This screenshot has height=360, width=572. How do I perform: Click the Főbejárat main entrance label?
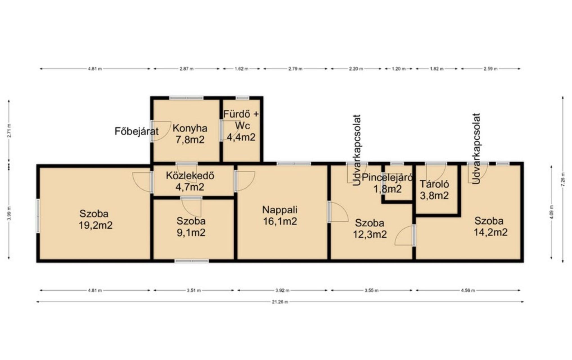click(137, 131)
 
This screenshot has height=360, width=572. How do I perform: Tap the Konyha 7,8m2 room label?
click(190, 134)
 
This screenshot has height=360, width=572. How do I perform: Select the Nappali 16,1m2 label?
click(280, 215)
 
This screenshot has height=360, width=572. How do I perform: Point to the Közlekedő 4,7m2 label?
click(190, 181)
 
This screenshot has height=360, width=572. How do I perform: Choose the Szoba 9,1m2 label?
click(191, 227)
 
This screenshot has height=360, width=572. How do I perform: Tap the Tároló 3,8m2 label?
click(434, 190)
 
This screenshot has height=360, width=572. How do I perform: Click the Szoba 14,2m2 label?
click(490, 227)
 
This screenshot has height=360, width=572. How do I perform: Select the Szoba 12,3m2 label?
click(370, 229)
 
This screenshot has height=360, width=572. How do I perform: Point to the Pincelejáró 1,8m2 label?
click(387, 183)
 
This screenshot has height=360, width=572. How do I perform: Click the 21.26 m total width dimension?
click(280, 302)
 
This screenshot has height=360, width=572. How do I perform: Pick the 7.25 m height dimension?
click(563, 179)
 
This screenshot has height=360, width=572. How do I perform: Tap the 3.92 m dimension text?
click(282, 291)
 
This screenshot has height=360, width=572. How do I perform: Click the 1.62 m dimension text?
click(241, 69)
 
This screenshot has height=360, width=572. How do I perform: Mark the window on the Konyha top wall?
click(186, 98)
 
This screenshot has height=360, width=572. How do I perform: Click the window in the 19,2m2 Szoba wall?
click(38, 216)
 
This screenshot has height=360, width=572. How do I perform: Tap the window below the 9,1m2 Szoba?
click(192, 261)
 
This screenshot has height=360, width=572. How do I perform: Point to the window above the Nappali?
click(294, 164)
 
